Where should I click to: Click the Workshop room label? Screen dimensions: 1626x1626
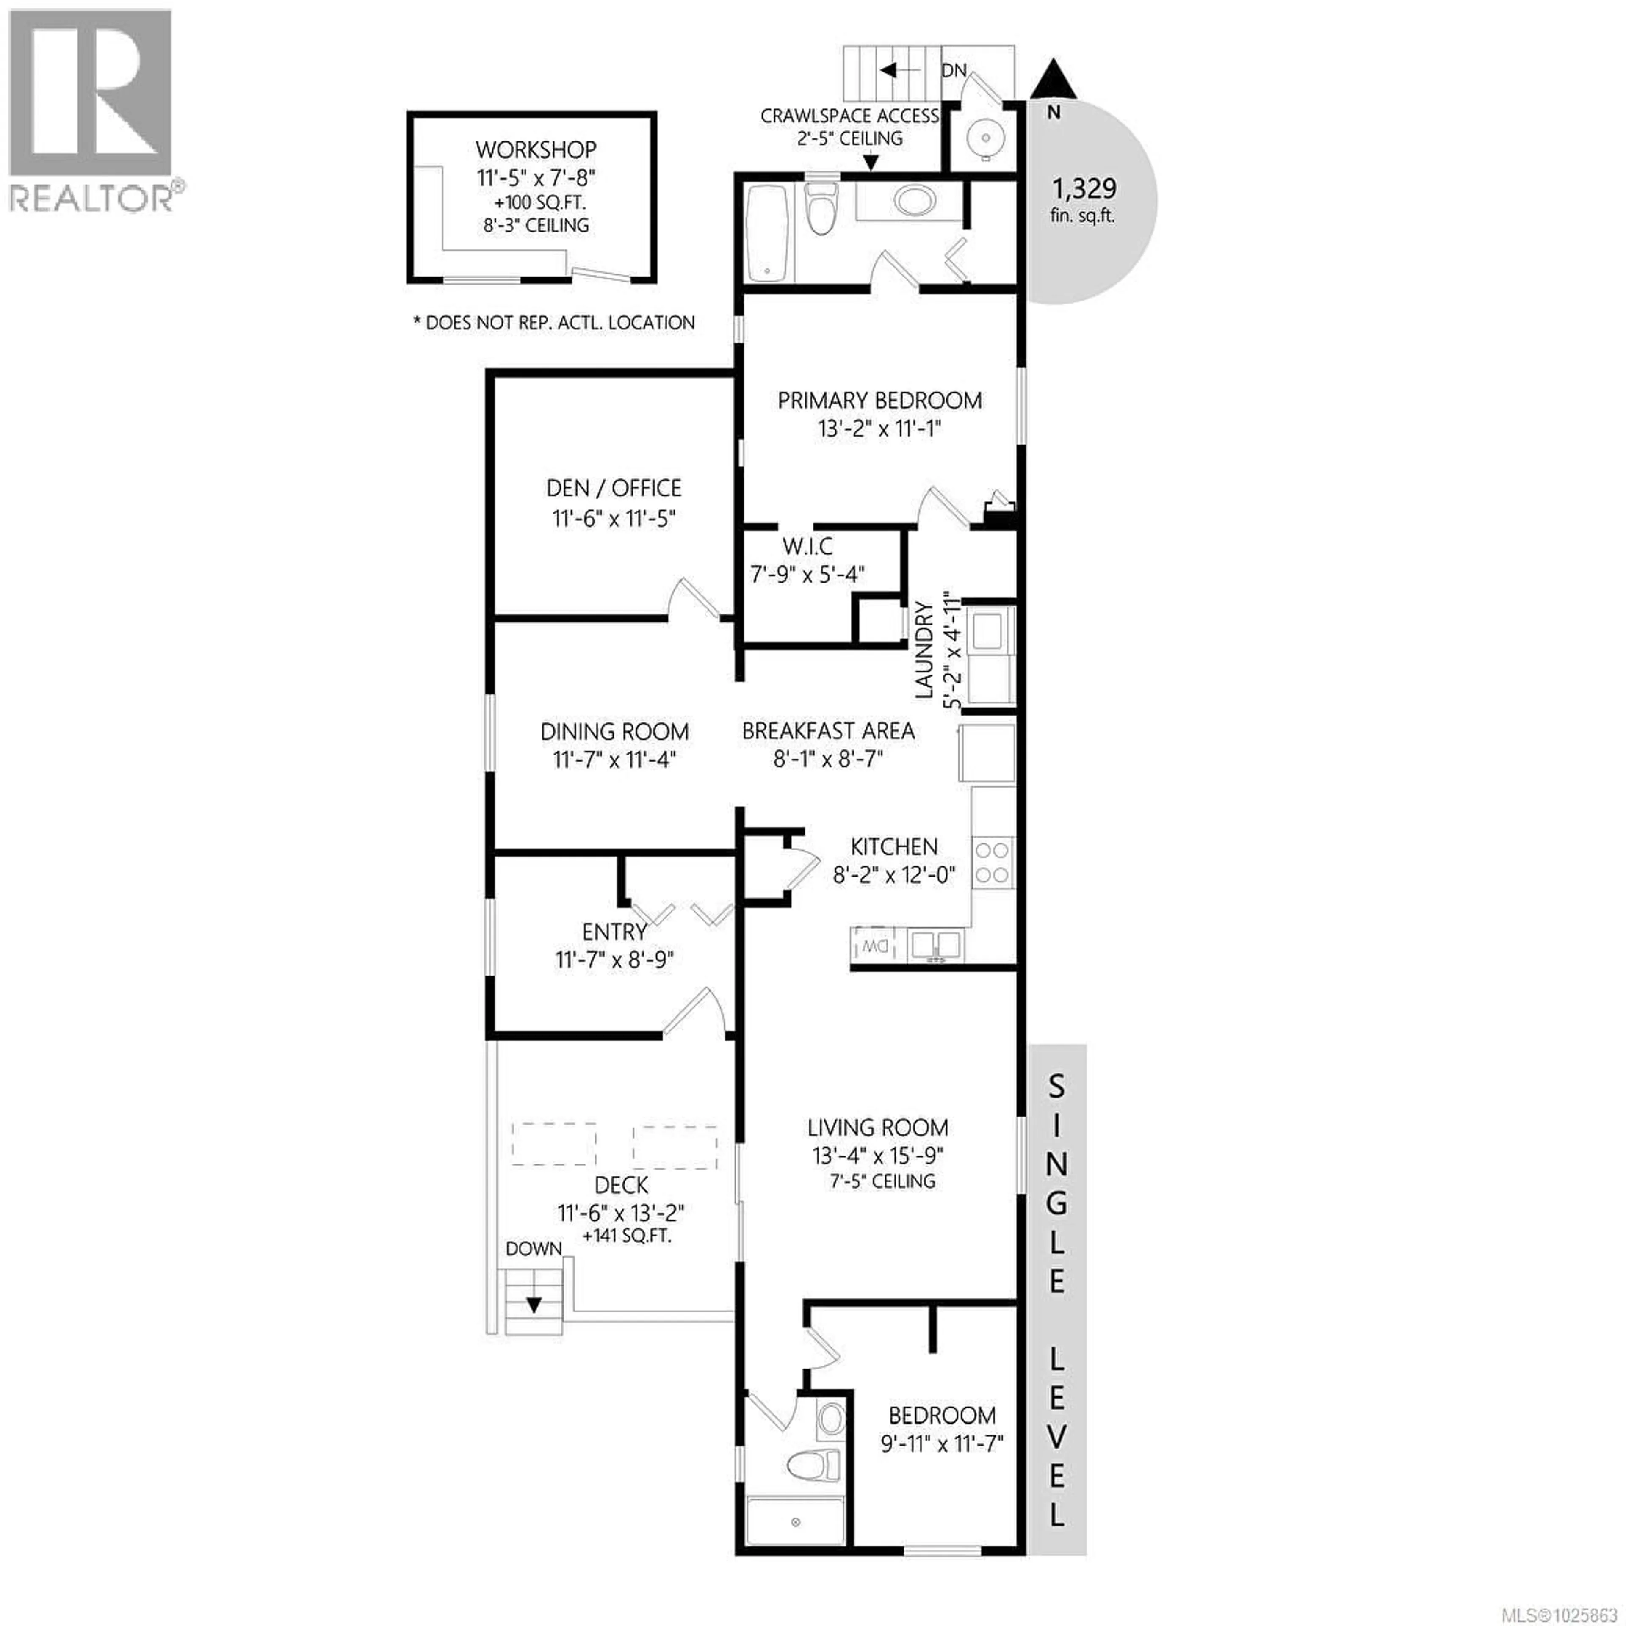tap(536, 150)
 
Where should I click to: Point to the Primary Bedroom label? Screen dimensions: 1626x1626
tap(879, 401)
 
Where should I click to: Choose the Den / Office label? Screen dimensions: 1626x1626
tap(614, 488)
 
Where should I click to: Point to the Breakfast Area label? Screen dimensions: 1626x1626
tap(828, 730)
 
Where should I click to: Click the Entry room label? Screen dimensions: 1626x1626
tap(614, 932)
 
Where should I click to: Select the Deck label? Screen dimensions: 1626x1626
tap(621, 1185)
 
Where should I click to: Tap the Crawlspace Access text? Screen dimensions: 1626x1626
tap(849, 116)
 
